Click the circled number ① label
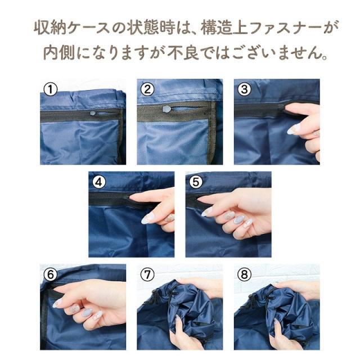[x=50, y=89]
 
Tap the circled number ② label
[x=147, y=89]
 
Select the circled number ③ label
[x=244, y=89]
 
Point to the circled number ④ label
[x=99, y=182]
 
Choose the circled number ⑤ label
[x=196, y=182]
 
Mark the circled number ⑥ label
[x=50, y=274]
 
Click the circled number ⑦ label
[x=147, y=274]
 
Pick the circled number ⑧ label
[x=244, y=274]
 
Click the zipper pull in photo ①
[x=93, y=112]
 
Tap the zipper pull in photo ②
[x=168, y=109]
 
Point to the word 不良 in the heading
[x=182, y=53]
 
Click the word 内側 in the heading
[x=59, y=53]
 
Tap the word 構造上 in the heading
[x=224, y=28]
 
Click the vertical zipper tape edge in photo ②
[x=213, y=133]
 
